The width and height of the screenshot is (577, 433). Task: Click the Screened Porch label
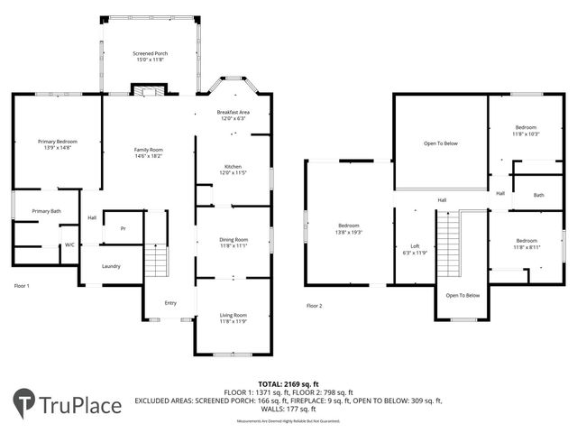click(150, 57)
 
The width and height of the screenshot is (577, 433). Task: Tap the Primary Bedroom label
click(57, 144)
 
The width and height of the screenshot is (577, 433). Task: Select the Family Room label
click(149, 152)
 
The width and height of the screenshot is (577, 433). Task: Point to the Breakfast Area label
click(233, 115)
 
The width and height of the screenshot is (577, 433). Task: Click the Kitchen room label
click(233, 170)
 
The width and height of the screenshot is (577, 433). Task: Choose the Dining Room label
click(233, 242)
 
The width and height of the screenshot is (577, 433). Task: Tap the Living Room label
click(233, 318)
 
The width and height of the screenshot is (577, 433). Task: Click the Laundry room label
click(111, 266)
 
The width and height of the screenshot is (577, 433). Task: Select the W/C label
click(69, 244)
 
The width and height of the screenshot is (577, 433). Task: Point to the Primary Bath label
click(46, 211)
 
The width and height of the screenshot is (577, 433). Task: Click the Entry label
click(170, 302)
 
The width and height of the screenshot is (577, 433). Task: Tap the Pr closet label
click(123, 228)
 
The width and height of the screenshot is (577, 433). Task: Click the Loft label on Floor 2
click(415, 248)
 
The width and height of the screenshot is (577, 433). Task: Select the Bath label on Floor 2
click(538, 195)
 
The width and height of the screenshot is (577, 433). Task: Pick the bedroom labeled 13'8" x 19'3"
click(348, 227)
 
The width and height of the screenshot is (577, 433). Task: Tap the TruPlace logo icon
click(24, 403)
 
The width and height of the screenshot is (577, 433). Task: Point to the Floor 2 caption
click(314, 305)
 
